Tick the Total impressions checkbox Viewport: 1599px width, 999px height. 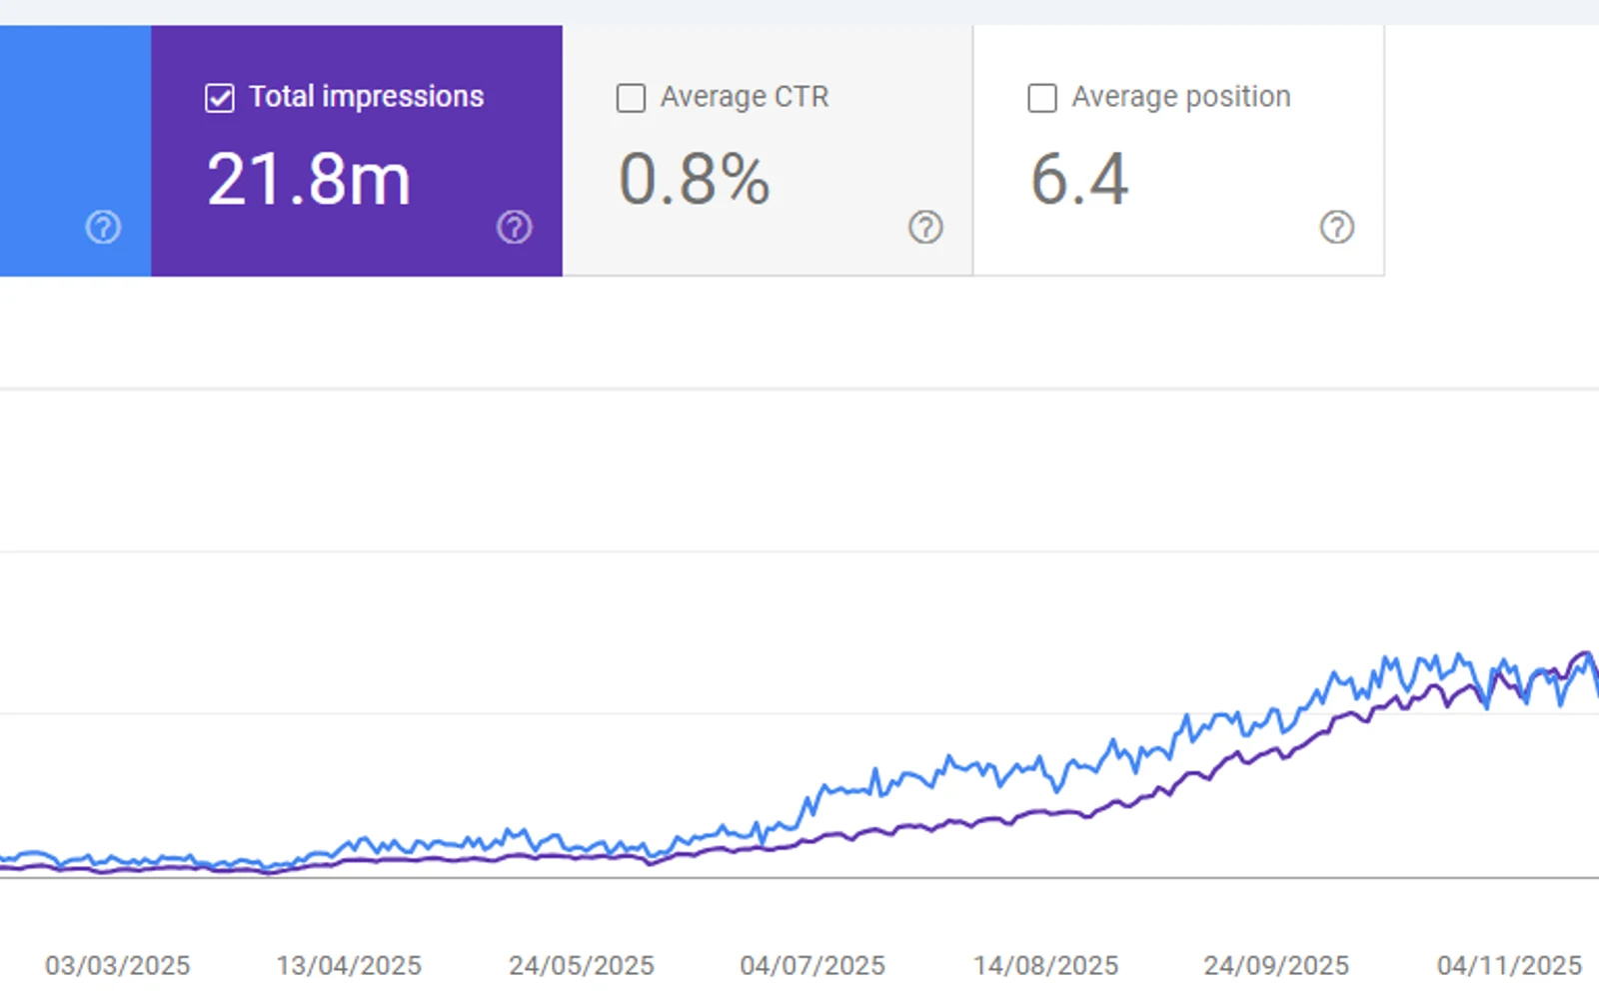click(x=219, y=98)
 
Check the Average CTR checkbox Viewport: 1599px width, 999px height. click(x=631, y=98)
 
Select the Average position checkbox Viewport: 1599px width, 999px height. click(x=1042, y=98)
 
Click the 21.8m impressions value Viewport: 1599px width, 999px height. click(x=309, y=179)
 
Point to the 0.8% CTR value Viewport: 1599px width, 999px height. click(x=694, y=179)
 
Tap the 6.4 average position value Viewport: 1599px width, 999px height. click(x=1079, y=179)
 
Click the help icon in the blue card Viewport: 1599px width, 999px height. click(x=104, y=228)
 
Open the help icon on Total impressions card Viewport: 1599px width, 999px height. click(x=515, y=228)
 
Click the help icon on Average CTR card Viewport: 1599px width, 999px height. click(x=925, y=228)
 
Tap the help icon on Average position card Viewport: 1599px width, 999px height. click(x=1337, y=228)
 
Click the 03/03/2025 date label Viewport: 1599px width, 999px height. click(x=117, y=965)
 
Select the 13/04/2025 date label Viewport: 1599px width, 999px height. click(x=349, y=965)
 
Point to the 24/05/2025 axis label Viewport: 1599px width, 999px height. click(x=581, y=965)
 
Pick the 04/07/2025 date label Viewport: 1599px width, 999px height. click(x=812, y=965)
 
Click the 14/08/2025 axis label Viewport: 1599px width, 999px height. click(x=1045, y=965)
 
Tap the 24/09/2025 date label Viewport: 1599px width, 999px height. click(x=1276, y=965)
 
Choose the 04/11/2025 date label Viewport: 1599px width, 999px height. click(x=1510, y=965)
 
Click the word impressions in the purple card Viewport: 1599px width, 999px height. click(x=403, y=97)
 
